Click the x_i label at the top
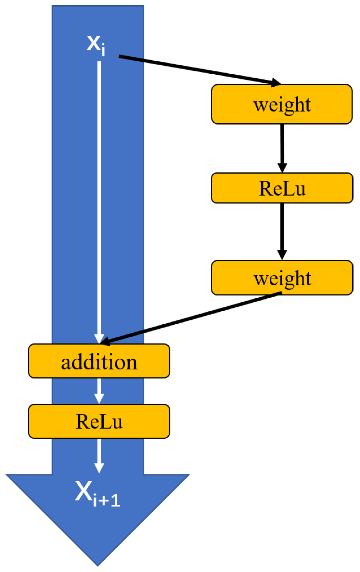pos(96,45)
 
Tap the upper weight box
pos(282,105)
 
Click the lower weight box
pos(282,278)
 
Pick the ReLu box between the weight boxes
pos(282,188)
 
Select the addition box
pos(99,361)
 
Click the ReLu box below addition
pos(99,421)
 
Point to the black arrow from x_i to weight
pos(195,69)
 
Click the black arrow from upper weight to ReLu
pos(282,146)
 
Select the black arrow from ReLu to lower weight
pos(282,230)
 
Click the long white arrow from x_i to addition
pos(99,195)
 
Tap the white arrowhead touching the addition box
pos(99,339)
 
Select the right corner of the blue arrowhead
pos(189,475)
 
